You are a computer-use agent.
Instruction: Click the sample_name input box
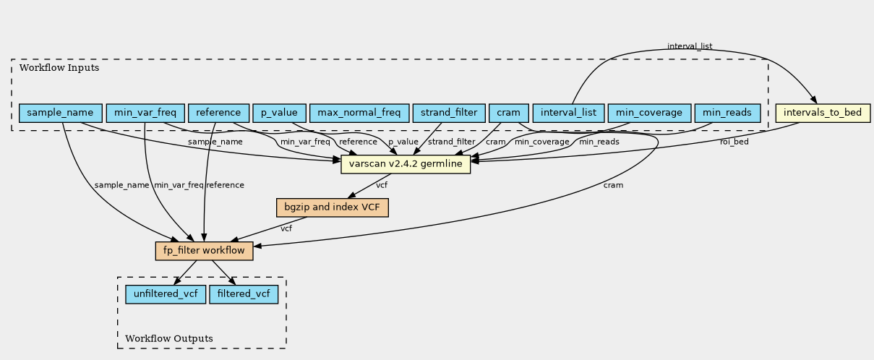click(60, 113)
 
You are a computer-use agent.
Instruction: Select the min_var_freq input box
click(145, 113)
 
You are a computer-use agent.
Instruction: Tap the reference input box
click(218, 113)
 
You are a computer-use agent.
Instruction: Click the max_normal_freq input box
click(359, 113)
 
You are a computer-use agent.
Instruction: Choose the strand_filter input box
click(448, 113)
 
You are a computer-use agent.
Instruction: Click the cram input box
click(508, 113)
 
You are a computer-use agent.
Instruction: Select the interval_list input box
click(568, 113)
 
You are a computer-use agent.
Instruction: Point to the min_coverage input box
click(648, 113)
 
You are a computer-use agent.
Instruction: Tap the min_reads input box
click(727, 113)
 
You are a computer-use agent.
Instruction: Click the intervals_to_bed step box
click(822, 113)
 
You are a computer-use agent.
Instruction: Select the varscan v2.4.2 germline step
click(406, 165)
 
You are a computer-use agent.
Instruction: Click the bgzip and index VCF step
click(333, 208)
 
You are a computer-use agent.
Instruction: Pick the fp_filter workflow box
click(204, 251)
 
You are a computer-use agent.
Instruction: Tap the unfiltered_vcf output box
click(166, 294)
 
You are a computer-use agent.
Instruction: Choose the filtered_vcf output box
click(244, 294)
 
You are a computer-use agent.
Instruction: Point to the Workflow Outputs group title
click(169, 338)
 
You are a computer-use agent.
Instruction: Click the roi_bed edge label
click(734, 142)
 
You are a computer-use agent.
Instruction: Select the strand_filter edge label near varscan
click(451, 142)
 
